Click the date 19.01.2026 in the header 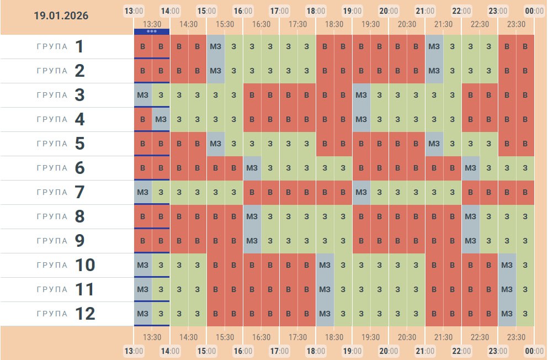tap(61, 16)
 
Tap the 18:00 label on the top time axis tap(315, 10)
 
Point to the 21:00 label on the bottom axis tap(424, 351)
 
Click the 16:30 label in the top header tap(261, 24)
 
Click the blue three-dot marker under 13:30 tap(152, 31)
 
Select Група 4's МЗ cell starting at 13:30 tap(161, 119)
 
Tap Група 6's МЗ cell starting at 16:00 tap(252, 168)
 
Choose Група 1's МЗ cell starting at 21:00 tap(434, 46)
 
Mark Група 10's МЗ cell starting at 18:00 tap(325, 265)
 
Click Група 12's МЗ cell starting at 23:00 tap(507, 314)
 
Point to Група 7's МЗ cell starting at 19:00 tap(361, 192)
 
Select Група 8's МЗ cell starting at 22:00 tap(471, 216)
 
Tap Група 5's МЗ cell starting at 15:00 tap(216, 144)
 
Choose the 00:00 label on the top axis tap(534, 10)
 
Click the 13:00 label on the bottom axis tap(134, 351)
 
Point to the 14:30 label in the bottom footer tap(188, 337)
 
